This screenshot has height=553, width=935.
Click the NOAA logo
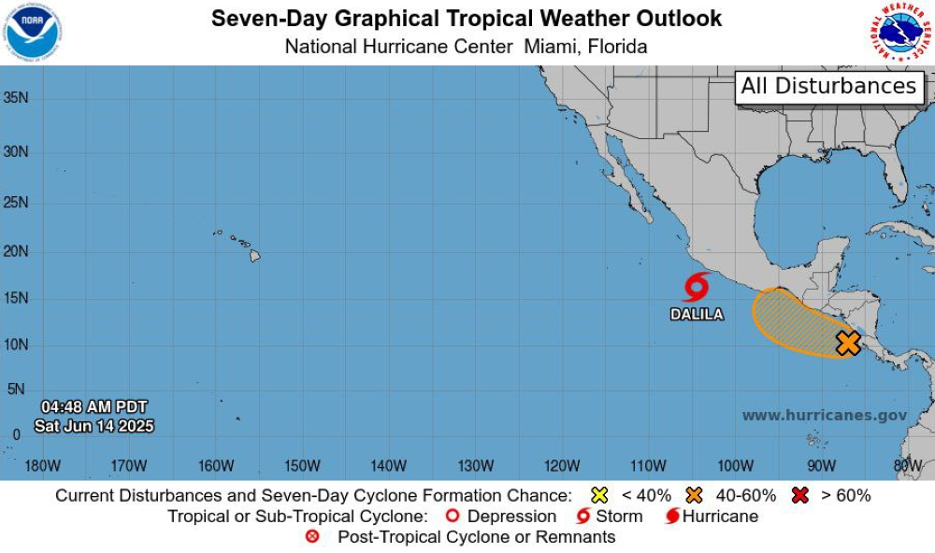click(32, 32)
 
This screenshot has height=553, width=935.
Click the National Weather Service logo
click(901, 32)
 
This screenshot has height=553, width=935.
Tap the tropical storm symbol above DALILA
click(697, 287)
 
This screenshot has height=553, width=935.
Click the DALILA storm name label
click(697, 315)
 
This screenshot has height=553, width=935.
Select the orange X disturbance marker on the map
click(848, 343)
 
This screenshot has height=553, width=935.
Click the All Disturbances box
click(828, 87)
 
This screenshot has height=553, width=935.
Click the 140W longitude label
click(388, 465)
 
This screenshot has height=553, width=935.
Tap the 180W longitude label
click(43, 465)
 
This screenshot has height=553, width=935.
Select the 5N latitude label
click(16, 390)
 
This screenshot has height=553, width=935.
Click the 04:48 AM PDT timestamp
click(93, 407)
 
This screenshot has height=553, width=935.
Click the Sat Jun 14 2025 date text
click(93, 426)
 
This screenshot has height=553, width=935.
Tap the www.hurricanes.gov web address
click(825, 416)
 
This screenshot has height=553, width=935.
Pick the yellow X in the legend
click(600, 496)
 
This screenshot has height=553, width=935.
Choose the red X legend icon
click(799, 496)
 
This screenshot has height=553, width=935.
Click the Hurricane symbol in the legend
click(671, 517)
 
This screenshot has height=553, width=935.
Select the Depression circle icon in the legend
click(453, 517)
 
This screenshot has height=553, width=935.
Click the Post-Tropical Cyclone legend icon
click(313, 537)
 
